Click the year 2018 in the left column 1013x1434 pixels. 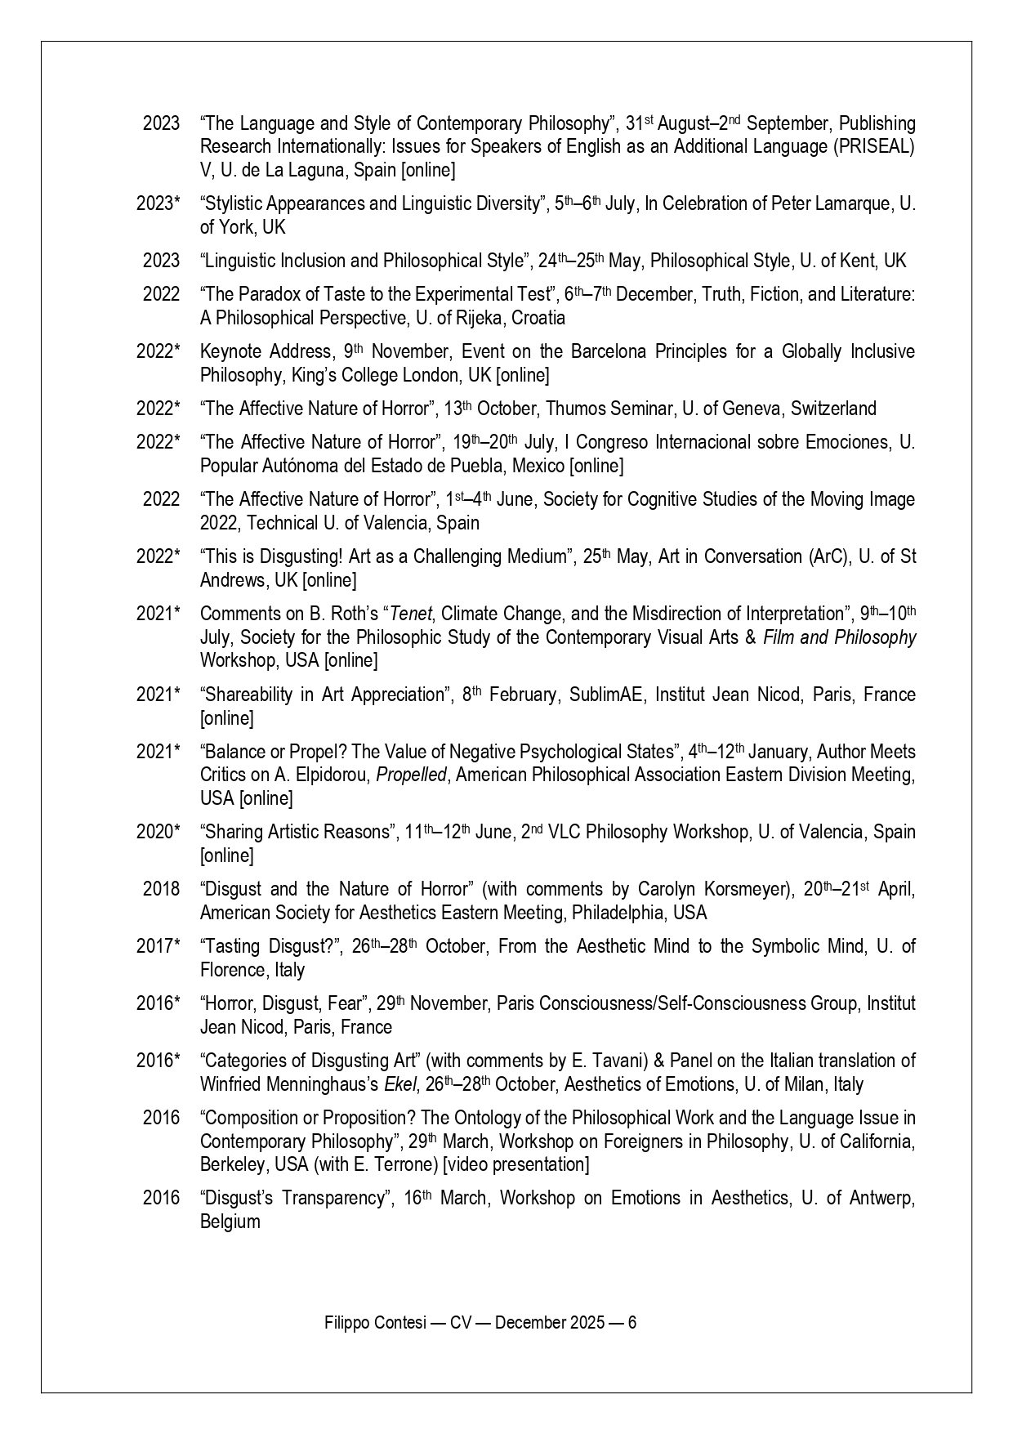click(x=161, y=889)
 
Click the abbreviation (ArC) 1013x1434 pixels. click(x=814, y=556)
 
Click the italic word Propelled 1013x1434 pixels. click(x=411, y=775)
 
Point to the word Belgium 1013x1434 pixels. click(x=230, y=1222)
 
